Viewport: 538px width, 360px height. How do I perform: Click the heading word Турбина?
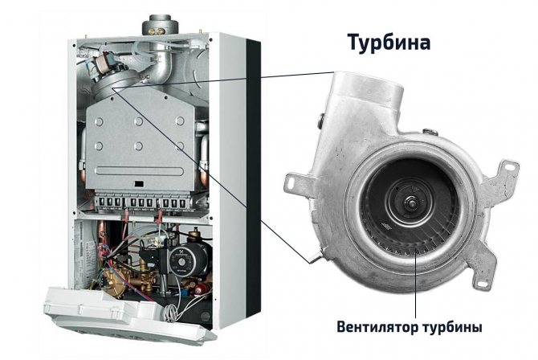(389, 43)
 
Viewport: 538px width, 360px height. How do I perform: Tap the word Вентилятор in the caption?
(376, 326)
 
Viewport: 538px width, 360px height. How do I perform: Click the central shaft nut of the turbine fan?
(411, 202)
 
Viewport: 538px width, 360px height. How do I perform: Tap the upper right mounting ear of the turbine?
(503, 174)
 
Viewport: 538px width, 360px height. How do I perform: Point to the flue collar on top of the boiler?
(161, 25)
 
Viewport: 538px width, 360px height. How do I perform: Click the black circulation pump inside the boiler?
(182, 260)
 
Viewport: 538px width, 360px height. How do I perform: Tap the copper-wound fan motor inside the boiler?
(102, 63)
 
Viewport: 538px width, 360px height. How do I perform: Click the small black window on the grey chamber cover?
(139, 184)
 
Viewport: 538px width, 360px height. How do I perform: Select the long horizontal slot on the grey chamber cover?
(140, 171)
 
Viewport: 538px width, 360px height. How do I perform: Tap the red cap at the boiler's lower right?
(199, 290)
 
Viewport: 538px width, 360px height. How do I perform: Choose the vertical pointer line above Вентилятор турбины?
(416, 284)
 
